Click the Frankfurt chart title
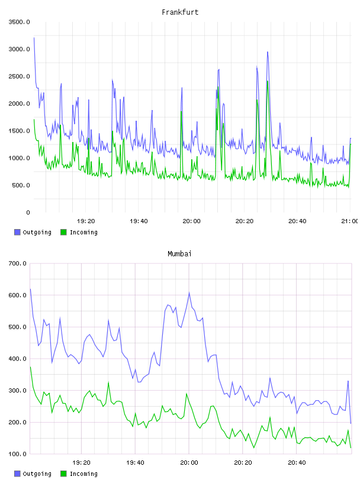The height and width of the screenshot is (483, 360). coord(180,12)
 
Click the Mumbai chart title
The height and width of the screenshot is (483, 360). coord(179,253)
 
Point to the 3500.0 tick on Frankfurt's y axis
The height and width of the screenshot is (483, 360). coord(19,22)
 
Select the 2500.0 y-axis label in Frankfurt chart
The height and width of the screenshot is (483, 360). coord(19,76)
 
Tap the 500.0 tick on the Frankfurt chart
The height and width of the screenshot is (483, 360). coord(21,185)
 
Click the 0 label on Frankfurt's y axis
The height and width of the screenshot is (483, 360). coord(28,212)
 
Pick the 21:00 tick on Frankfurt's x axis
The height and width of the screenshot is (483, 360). coord(349,221)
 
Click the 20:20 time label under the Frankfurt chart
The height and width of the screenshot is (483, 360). coord(245,221)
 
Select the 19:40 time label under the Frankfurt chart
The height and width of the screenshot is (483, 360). coord(139,221)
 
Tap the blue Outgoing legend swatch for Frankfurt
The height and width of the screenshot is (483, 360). coord(17,232)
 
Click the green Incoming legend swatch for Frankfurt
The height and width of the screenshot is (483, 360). coord(63,232)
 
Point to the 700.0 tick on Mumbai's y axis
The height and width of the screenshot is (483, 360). coord(18,263)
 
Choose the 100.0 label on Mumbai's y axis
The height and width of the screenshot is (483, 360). coord(18,454)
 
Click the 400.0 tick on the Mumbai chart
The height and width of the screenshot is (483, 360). coord(18,359)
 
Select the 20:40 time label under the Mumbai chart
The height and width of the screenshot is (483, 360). coord(297,462)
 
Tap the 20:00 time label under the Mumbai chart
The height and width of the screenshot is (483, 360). coord(189,462)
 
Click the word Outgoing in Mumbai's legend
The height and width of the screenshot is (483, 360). coord(37,474)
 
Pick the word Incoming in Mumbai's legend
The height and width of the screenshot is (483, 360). coord(83,474)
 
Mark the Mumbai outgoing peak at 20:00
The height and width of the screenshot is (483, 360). coord(189,292)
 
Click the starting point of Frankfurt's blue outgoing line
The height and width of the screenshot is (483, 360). coord(34,37)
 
